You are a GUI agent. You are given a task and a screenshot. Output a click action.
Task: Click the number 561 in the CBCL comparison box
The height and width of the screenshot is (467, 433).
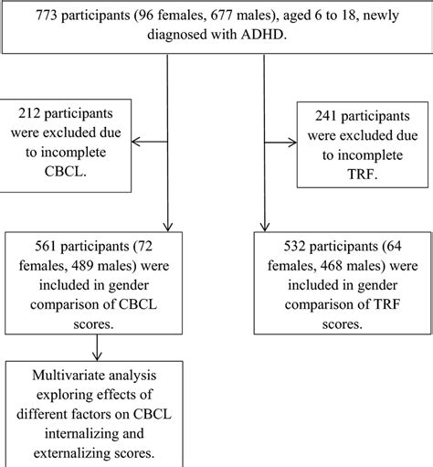(32, 249)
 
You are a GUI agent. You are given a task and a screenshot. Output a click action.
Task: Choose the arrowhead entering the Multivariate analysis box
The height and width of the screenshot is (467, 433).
(98, 357)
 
